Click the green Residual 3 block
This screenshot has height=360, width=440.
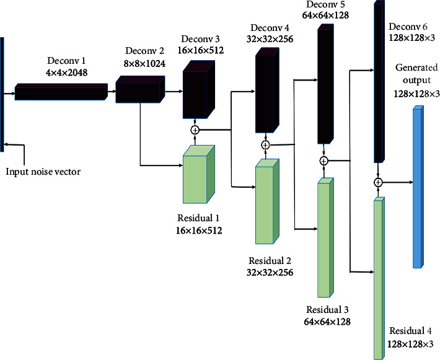tap(325, 239)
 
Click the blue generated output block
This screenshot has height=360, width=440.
tap(418, 187)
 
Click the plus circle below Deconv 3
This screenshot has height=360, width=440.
tap(195, 130)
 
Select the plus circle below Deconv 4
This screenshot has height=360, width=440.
tap(265, 145)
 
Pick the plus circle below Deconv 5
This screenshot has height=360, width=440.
tap(323, 161)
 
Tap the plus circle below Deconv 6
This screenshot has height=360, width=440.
tap(377, 182)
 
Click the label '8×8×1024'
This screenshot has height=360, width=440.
tap(139, 62)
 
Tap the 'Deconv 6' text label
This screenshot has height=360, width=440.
tap(407, 27)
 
